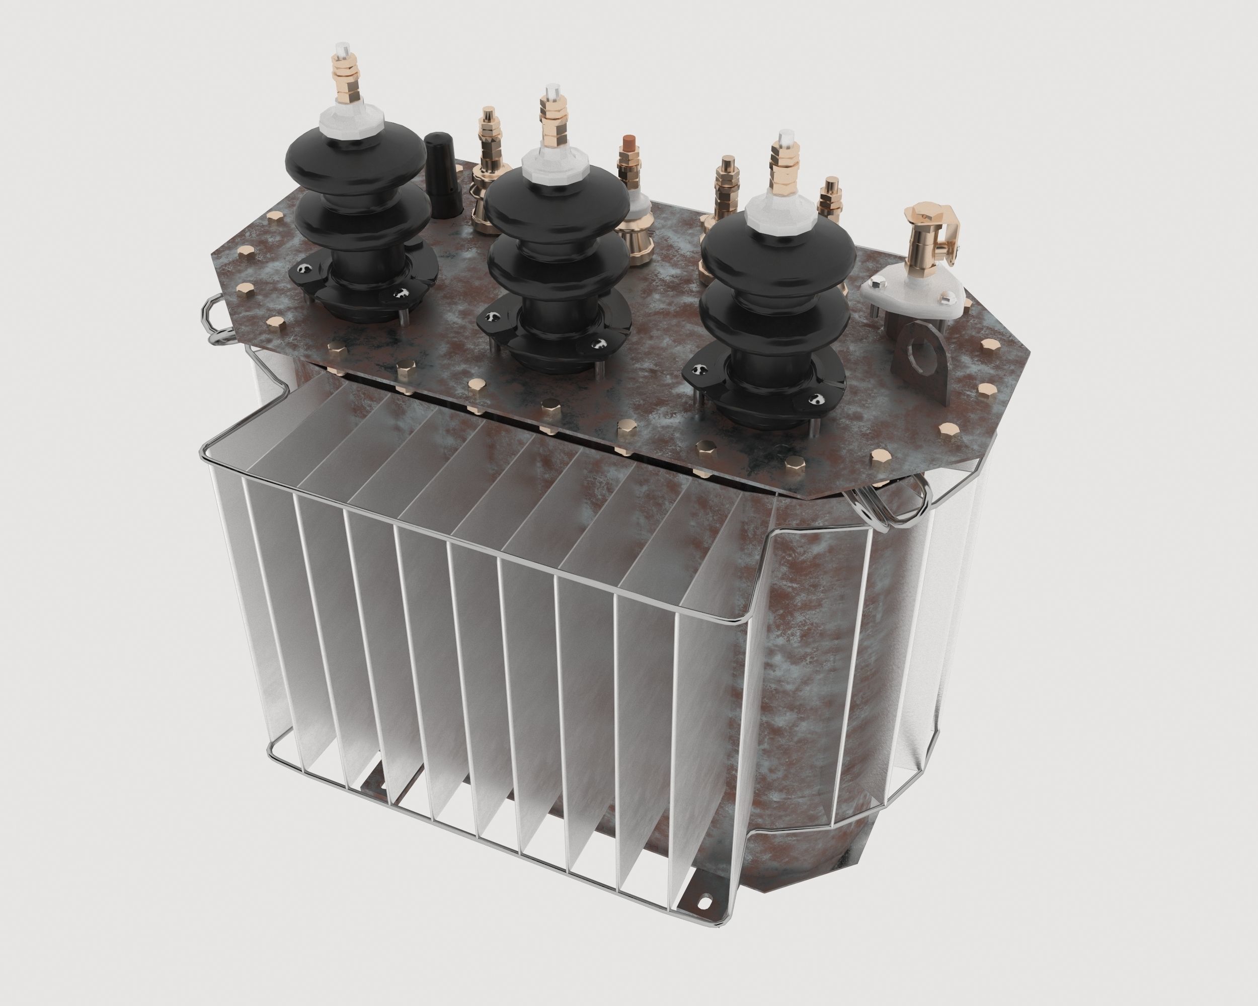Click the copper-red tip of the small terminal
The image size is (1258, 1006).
pos(629,142)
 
